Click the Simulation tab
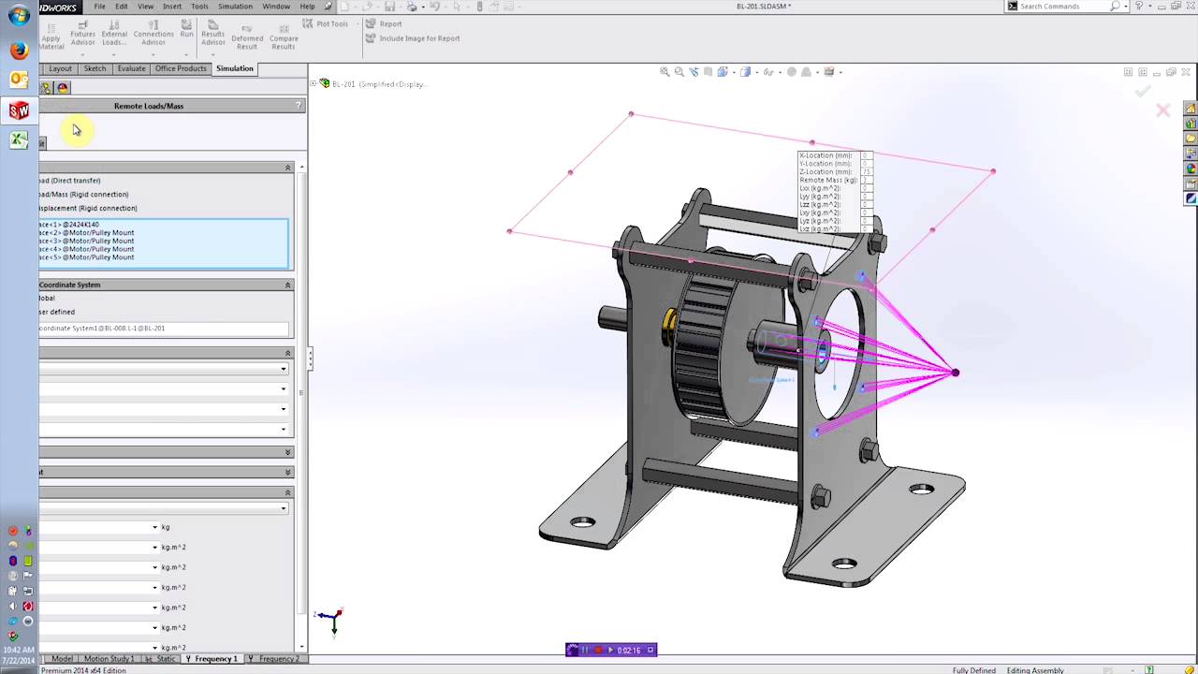234,68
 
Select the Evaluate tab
131,68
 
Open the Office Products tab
181,68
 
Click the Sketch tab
95,68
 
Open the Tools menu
199,7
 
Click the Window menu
276,7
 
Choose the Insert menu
172,7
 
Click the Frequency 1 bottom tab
215,659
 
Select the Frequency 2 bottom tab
279,659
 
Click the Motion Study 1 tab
108,659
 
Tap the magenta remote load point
955,373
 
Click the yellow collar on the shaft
670,323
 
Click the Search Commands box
1062,7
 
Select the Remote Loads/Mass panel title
149,106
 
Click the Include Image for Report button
418,38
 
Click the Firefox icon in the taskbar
19,50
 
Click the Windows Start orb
19,16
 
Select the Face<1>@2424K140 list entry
70,225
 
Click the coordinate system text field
164,329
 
